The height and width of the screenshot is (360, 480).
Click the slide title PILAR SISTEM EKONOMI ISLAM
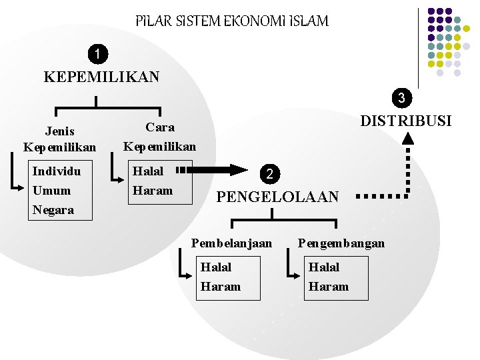click(x=231, y=21)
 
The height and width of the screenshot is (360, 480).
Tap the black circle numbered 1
click(x=99, y=53)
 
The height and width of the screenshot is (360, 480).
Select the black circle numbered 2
click(x=268, y=174)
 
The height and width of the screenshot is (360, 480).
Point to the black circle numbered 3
click(x=401, y=99)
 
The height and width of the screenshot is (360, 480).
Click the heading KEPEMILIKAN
click(x=101, y=77)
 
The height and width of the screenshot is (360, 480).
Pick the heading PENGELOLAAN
click(x=278, y=197)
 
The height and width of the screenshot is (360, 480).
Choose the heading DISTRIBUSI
click(x=405, y=121)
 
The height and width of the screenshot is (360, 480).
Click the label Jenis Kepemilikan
click(x=59, y=139)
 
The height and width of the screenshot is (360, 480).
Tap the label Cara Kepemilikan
click(x=160, y=136)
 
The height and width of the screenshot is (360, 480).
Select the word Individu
click(x=57, y=171)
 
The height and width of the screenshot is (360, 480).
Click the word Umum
click(x=51, y=191)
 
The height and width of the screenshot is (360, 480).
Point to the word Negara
click(x=53, y=210)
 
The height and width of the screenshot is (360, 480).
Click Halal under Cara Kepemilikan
click(x=148, y=171)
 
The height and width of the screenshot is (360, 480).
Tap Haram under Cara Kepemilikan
click(x=153, y=191)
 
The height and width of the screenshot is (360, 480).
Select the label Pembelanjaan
click(x=231, y=243)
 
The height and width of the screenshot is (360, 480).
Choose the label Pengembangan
click(x=341, y=243)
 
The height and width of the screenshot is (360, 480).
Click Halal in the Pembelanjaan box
click(x=216, y=267)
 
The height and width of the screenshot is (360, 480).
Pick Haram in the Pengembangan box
click(x=328, y=287)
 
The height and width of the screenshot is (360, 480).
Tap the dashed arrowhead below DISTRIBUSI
click(x=409, y=138)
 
